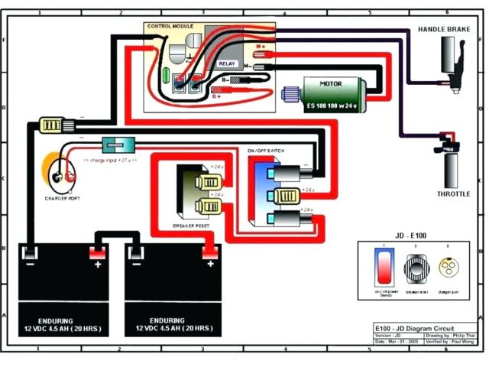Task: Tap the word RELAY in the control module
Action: point(227,64)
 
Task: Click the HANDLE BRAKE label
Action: point(442,29)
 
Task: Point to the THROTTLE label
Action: point(453,194)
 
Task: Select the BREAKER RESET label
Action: point(193,224)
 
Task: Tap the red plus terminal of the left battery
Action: point(98,253)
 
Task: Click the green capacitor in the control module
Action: point(167,74)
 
